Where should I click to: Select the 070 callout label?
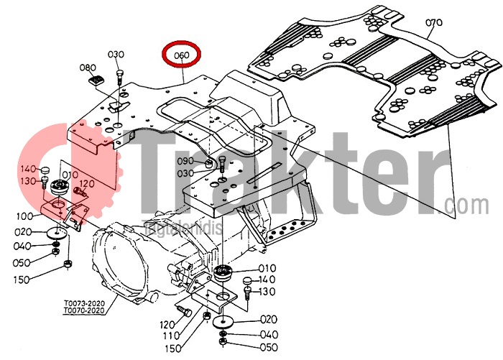point(433,22)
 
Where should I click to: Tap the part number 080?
point(88,68)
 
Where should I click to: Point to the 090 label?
point(185,161)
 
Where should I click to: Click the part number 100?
point(24,216)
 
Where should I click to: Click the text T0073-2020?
point(84,304)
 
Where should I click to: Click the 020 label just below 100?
point(24,232)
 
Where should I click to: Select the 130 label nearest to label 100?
point(28,180)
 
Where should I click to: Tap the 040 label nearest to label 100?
point(24,246)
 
